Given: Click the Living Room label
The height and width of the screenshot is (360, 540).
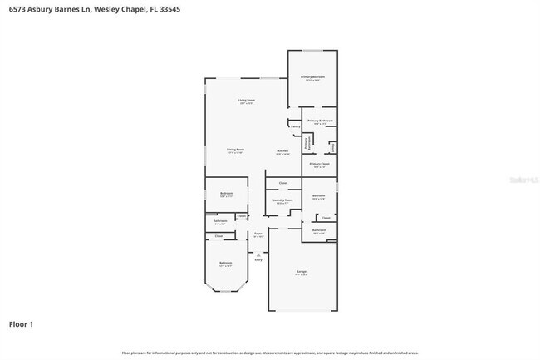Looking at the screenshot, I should tap(246, 100).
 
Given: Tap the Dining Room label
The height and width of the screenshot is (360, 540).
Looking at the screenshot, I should tap(235, 150).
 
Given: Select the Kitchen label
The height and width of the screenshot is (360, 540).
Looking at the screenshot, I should tap(282, 150).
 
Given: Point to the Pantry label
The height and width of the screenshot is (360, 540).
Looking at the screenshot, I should tap(295, 126).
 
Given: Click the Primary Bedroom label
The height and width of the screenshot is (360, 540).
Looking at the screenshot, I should tap(312, 77).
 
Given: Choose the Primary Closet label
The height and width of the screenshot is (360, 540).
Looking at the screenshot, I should tap(320, 165).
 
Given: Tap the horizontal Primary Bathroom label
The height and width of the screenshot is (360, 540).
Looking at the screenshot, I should tap(320, 121).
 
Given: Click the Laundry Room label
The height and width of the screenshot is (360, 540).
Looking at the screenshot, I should tap(282, 200).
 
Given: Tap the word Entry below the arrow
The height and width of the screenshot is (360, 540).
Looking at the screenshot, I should tap(258, 260).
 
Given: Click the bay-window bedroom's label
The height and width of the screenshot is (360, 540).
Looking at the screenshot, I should tap(225, 264).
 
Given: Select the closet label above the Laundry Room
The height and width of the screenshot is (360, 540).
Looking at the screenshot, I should tap(282, 183).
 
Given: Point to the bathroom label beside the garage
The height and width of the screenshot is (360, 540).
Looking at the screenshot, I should tap(319, 230).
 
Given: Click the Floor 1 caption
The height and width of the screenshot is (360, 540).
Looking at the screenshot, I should tap(22, 323).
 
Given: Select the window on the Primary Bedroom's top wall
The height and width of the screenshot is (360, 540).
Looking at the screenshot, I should tap(312, 51).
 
